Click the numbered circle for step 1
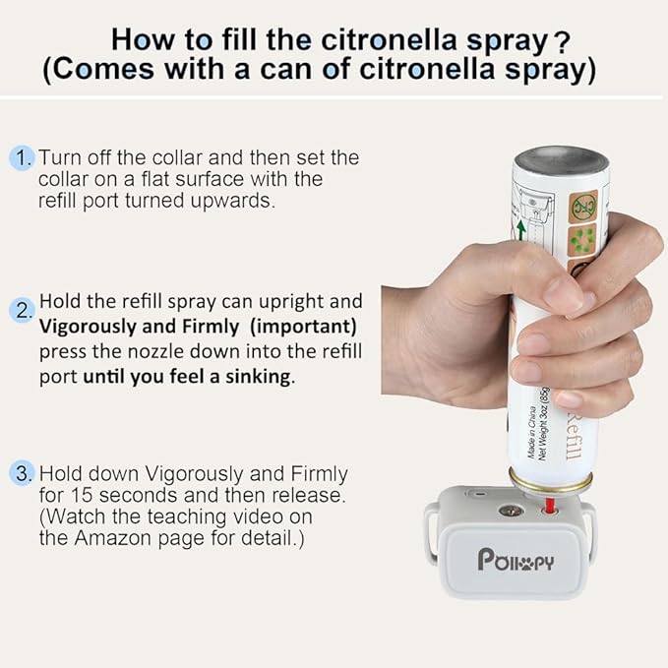pyautogui.click(x=23, y=158)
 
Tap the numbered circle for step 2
pyautogui.click(x=23, y=312)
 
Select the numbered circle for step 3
pyautogui.click(x=23, y=472)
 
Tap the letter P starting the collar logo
pyautogui.click(x=487, y=559)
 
